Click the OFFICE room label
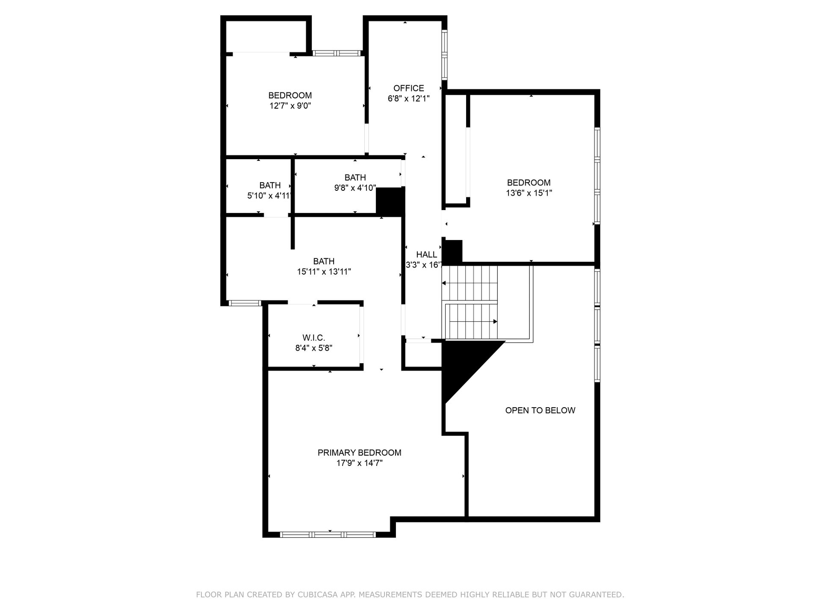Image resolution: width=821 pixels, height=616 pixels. pos(408,88)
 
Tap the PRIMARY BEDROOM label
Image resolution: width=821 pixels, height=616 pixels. pos(359,453)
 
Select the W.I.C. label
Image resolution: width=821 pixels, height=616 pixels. pos(314,338)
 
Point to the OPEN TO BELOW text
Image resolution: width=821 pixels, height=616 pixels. pos(540,410)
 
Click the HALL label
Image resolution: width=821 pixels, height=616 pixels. pos(427,255)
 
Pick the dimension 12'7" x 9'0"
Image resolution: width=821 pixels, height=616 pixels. pos(290,106)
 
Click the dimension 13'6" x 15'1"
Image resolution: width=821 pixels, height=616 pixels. pos(529,193)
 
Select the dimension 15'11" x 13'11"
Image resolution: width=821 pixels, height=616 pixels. pos(324,272)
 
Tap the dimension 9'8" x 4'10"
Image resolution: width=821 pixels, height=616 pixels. pos(355,188)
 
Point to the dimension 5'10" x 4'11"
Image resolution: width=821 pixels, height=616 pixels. pos(270,196)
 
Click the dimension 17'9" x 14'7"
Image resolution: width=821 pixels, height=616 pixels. pos(359,463)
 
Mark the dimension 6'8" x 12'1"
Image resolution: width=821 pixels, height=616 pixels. pos(408,98)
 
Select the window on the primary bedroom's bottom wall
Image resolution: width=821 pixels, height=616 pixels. pos(328,534)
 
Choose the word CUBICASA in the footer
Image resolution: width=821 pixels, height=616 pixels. pos(316,595)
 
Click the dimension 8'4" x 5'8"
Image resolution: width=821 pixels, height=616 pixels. pos(314,348)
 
